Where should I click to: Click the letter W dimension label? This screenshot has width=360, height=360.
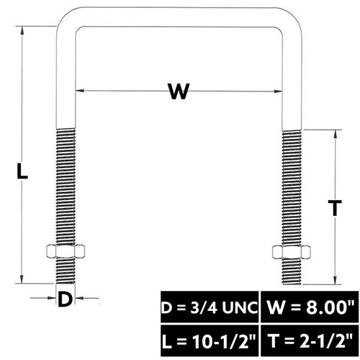pyautogui.click(x=179, y=91)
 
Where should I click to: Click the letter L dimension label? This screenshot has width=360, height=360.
pyautogui.click(x=22, y=171)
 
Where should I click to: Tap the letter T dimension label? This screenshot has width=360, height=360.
pyautogui.click(x=335, y=208)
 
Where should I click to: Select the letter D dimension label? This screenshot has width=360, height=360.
pyautogui.click(x=65, y=299)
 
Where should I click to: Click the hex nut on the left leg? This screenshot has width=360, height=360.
pyautogui.click(x=66, y=251)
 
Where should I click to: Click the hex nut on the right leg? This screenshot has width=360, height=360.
pyautogui.click(x=292, y=252)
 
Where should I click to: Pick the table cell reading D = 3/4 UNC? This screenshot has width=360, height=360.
pyautogui.click(x=210, y=307)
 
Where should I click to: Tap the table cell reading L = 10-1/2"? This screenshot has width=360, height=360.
pyautogui.click(x=210, y=341)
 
